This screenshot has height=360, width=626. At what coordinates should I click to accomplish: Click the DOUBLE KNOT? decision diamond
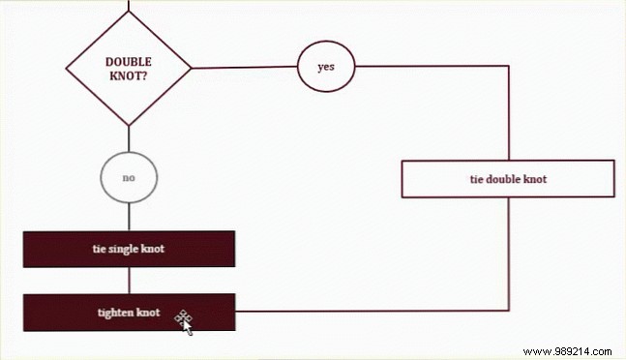point(128,69)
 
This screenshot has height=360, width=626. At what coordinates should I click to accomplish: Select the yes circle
point(325,67)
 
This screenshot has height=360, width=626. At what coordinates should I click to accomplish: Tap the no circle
point(128,179)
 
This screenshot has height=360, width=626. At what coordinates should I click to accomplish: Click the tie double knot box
point(507,179)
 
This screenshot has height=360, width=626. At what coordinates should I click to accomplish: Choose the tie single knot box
point(128,249)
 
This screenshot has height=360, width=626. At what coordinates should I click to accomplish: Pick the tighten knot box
point(128,313)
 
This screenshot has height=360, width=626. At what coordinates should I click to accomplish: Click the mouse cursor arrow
point(186,324)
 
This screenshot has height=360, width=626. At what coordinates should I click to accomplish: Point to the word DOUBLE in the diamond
point(128,61)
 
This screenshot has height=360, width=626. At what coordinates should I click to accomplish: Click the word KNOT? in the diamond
point(128,75)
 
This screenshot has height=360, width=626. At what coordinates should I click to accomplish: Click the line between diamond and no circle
point(128,138)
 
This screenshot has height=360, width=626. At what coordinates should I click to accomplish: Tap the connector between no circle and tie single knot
point(128,218)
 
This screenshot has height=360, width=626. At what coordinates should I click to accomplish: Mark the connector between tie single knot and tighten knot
point(128,281)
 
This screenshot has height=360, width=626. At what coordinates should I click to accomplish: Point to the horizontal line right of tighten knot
point(368,312)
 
